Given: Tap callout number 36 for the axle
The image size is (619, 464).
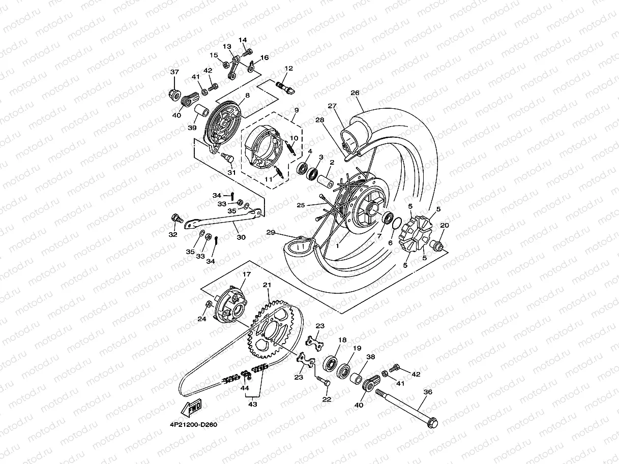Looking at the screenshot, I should coord(428,392).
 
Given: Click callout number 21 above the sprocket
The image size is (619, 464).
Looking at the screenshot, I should coord(267,286).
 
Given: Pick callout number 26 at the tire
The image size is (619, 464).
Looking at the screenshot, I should coord(369,93).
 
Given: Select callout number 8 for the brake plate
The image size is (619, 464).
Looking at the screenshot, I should coord(247,95).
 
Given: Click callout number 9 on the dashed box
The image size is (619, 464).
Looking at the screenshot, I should coord(296,110).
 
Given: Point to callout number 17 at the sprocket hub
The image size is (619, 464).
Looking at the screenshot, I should coord(246,274).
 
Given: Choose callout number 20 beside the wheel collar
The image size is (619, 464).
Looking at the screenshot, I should coord(445,226).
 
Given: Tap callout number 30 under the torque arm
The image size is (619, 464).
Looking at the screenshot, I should coord(241,237).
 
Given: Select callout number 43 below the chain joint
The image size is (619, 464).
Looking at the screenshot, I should coord(252,404).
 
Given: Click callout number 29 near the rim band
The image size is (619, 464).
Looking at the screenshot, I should coord(271,232).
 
